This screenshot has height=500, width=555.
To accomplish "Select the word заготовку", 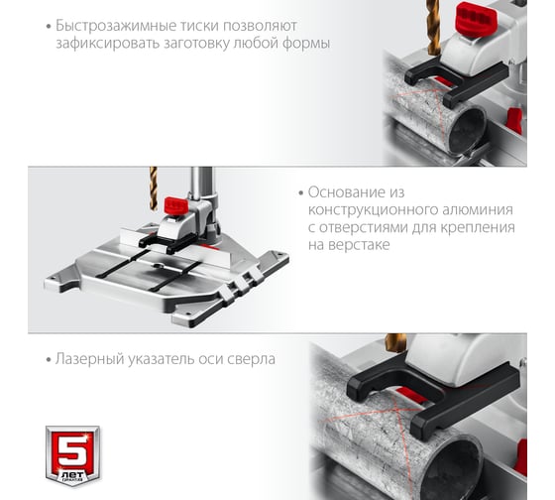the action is point(196,44).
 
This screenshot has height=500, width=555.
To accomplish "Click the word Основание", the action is point(346,192).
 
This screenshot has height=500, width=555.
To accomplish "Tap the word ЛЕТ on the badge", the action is point(73,474).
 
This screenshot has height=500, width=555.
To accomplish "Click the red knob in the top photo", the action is point(477,17).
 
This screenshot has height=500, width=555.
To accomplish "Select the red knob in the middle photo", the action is point(176,205).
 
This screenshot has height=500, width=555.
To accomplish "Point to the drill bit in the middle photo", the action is point(154,188).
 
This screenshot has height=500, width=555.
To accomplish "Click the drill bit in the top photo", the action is point(434,28).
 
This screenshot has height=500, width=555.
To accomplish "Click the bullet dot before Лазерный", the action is point(49,360).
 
